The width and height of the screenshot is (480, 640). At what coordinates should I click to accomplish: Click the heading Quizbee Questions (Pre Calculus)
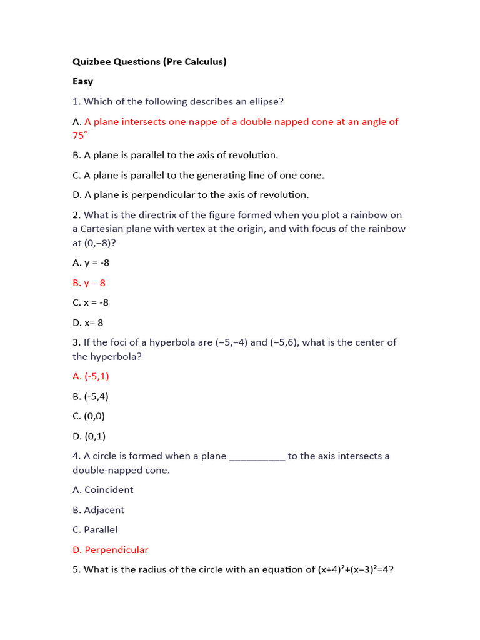pyautogui.click(x=149, y=61)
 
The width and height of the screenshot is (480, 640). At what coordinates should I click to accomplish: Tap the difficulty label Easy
pyautogui.click(x=82, y=81)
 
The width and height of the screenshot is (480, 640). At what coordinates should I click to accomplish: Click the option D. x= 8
pyautogui.click(x=88, y=322)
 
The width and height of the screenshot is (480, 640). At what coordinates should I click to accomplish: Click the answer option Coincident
pyautogui.click(x=109, y=490)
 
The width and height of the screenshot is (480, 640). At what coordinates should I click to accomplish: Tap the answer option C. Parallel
pyautogui.click(x=95, y=530)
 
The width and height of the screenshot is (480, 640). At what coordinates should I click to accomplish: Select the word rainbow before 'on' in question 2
pyautogui.click(x=362, y=215)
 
